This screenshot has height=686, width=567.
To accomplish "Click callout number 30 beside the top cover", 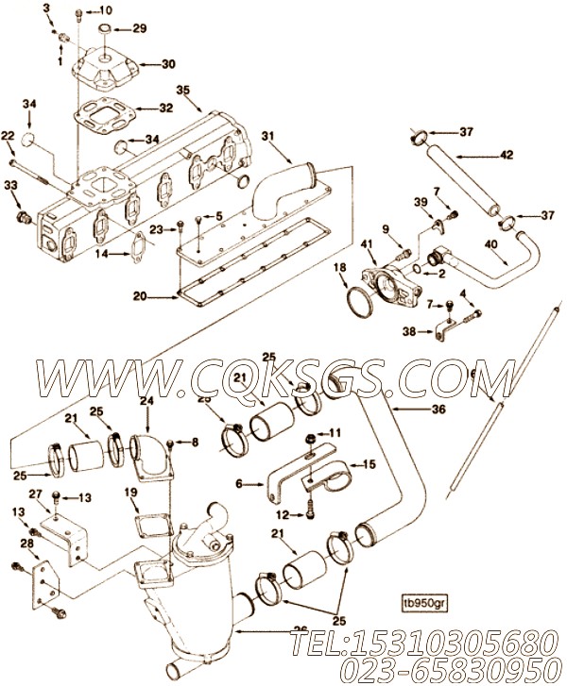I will point(168,64).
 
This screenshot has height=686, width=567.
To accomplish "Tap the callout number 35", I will point(182,91).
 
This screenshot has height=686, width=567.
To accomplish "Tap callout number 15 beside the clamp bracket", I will point(369,464).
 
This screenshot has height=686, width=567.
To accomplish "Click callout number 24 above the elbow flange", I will point(146,401).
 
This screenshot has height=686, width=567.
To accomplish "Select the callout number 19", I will point(131,492).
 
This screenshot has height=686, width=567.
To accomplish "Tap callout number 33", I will point(10,186).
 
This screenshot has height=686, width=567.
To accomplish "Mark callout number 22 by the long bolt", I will point(9,137).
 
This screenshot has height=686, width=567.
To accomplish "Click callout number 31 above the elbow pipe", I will point(268,137).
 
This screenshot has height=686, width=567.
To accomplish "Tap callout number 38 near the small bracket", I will point(409,331).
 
